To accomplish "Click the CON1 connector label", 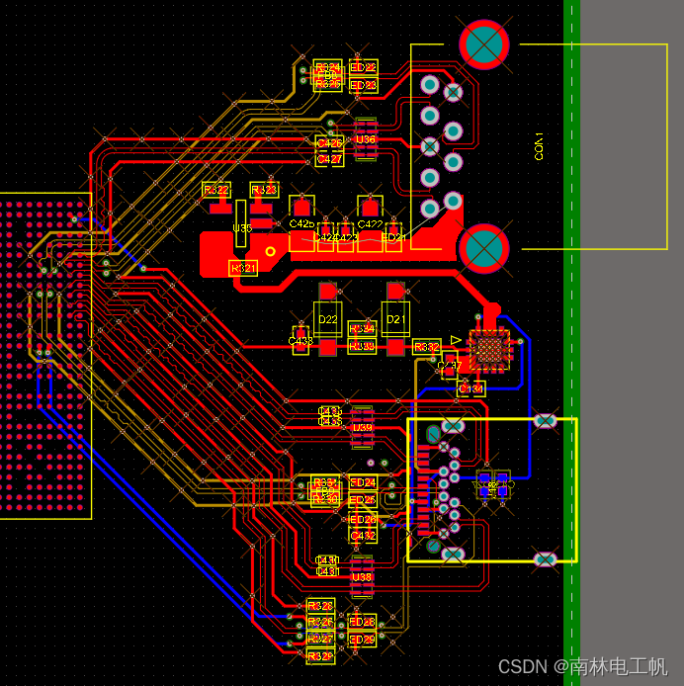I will click(539, 145).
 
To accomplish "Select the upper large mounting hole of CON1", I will click(484, 44).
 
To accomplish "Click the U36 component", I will click(366, 139).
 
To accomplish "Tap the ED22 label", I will click(363, 67).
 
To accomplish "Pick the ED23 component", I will click(363, 85).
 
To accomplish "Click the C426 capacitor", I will click(329, 143).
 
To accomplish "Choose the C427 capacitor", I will click(329, 158).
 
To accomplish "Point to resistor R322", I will click(215, 189).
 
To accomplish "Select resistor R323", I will click(264, 189).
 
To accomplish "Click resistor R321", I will click(243, 268).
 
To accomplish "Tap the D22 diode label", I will click(328, 319).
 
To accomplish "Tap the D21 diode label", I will click(396, 319).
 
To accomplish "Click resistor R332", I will click(427, 347).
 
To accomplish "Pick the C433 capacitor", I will click(300, 341).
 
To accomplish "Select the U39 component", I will click(363, 428).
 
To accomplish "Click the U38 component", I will click(363, 576).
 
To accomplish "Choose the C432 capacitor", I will click(363, 535).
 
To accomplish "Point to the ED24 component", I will click(363, 482).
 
